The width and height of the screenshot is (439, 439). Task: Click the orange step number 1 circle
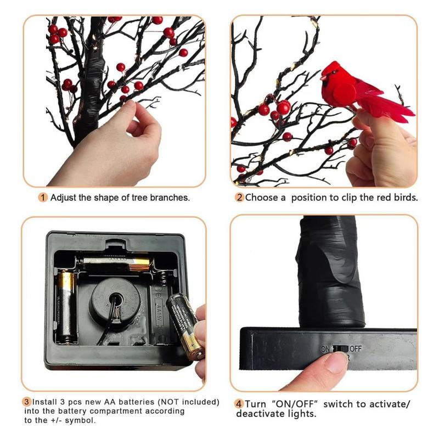pos(43,198)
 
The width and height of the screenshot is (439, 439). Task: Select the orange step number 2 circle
pos(239,198)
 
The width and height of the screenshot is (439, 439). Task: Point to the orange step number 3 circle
pos(26,402)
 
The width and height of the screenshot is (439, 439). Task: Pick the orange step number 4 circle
pos(239,404)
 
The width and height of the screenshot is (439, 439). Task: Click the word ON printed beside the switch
pos(325,349)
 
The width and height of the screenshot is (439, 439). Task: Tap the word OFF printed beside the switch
pos(356,348)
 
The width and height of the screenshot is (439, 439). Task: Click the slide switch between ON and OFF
pos(340,349)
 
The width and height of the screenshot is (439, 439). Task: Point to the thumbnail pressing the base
pos(335,362)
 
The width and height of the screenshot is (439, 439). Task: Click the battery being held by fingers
pos(185,326)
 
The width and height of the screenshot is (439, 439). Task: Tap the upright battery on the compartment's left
pos(66,306)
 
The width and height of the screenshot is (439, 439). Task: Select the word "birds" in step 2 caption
pos(406,198)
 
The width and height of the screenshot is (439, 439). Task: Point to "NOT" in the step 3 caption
pos(170,402)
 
